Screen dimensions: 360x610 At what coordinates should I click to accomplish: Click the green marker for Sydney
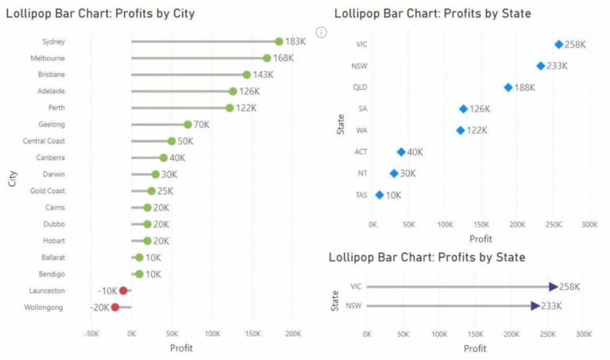click(x=279, y=41)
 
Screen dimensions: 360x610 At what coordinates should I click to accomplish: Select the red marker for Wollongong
click(x=115, y=308)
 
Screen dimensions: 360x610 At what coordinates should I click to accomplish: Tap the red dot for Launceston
click(x=123, y=291)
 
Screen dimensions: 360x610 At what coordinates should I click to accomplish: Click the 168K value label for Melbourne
click(x=286, y=58)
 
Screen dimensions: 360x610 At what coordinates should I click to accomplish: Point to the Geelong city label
click(x=52, y=125)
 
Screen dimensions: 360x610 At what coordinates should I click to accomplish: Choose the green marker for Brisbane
click(x=246, y=75)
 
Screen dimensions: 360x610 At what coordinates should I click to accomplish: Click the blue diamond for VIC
click(x=558, y=45)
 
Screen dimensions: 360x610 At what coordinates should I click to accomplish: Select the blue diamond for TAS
click(x=380, y=195)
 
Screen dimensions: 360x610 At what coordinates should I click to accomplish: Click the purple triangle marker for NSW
click(x=535, y=306)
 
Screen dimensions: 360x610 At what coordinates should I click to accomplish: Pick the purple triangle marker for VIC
click(x=554, y=287)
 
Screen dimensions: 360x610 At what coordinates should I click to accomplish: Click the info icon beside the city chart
click(x=321, y=32)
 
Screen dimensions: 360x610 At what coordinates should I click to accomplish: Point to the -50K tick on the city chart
click(x=91, y=335)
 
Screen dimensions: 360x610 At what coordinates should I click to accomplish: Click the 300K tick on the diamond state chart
click(x=589, y=225)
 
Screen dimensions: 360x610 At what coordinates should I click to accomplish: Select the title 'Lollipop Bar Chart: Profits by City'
click(x=100, y=14)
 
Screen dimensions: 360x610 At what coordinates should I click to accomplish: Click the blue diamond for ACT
click(x=401, y=152)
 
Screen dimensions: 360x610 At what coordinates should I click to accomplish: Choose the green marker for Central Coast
click(x=172, y=141)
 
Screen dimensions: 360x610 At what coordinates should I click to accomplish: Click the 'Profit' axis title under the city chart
click(x=182, y=348)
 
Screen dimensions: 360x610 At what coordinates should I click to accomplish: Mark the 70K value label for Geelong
click(x=201, y=125)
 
